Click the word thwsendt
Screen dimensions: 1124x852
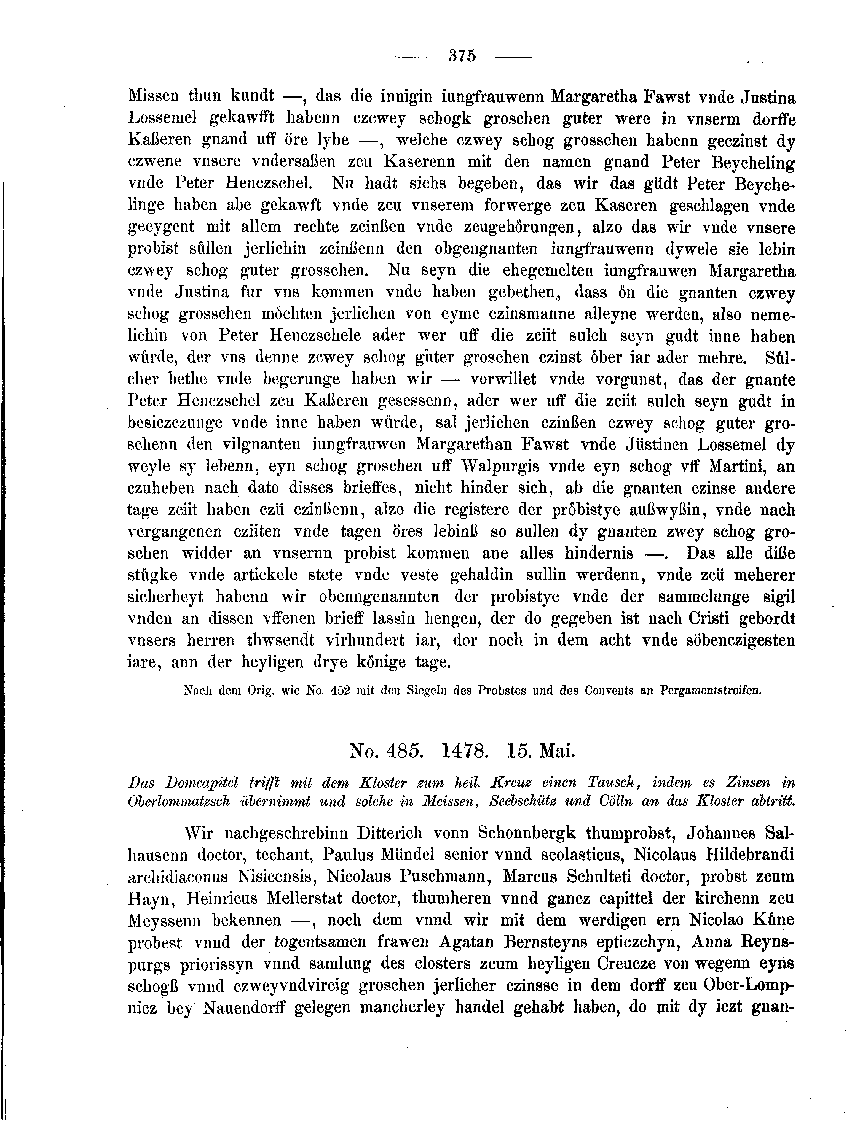[288, 640]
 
